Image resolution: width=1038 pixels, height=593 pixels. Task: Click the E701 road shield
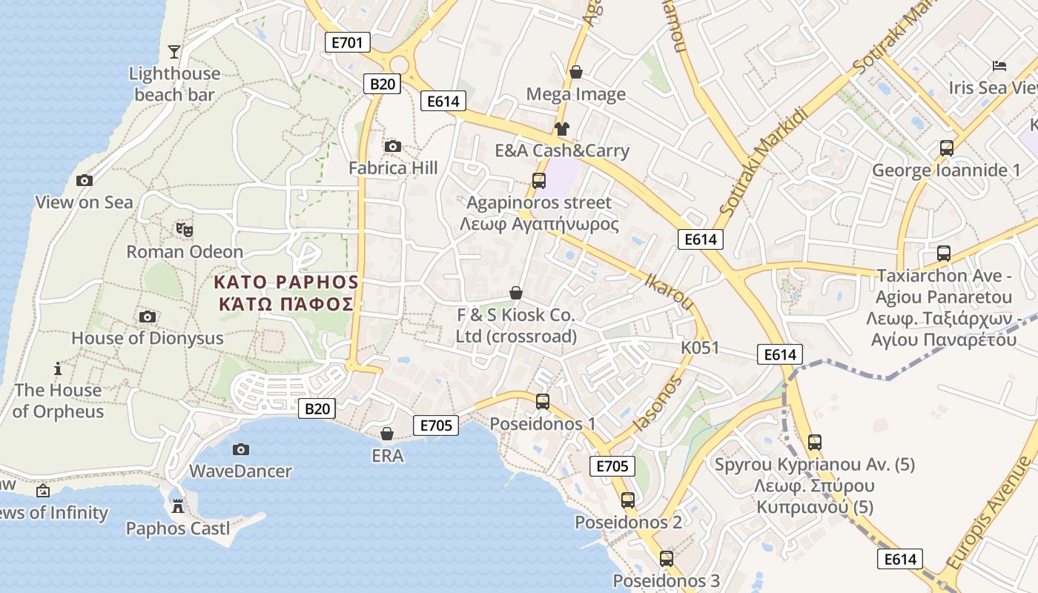[347, 42]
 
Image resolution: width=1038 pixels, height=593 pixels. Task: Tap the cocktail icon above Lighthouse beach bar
[174, 51]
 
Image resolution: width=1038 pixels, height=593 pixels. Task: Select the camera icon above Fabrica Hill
[393, 146]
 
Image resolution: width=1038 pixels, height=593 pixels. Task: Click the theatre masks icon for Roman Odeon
[184, 230]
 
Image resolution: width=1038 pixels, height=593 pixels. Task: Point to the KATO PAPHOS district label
[286, 293]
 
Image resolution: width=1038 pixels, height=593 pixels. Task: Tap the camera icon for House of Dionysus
[148, 317]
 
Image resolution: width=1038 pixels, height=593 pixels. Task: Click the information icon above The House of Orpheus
[58, 368]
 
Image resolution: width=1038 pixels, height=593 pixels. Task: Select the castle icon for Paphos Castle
[177, 507]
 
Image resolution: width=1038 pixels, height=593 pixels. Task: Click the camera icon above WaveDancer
[240, 449]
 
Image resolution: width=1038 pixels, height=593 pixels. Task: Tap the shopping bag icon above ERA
[387, 434]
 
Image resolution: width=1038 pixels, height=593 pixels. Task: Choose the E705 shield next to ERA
[435, 425]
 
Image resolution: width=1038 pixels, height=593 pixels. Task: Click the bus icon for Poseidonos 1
[543, 402]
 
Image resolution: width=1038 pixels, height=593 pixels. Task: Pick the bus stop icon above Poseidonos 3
[666, 559]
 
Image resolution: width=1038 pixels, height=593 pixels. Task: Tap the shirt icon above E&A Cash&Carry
[561, 129]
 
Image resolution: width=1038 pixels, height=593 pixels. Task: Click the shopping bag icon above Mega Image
[575, 72]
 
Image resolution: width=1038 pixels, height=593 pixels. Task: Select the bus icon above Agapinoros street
[539, 180]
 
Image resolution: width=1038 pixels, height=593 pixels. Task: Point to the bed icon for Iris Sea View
[999, 66]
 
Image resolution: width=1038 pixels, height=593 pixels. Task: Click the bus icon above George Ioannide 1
[946, 148]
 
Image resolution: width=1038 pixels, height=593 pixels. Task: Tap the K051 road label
[700, 348]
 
